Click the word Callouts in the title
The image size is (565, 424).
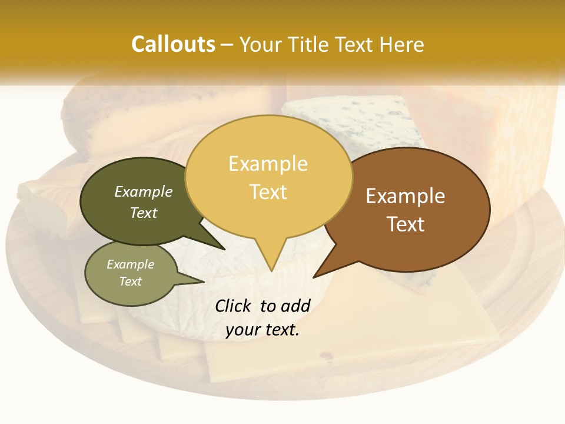[x=173, y=44]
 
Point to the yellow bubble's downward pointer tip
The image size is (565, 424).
[x=271, y=271]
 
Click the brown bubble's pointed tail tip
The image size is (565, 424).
[x=314, y=277]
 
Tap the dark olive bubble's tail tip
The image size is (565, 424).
[x=224, y=249]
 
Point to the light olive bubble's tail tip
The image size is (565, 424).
[x=204, y=281]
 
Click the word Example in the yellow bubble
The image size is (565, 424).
[x=268, y=164]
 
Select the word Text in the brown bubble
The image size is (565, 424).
[x=406, y=224]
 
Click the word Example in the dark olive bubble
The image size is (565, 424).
[x=144, y=192]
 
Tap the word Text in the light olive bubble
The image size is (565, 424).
[x=131, y=281]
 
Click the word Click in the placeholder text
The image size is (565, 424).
[x=233, y=306]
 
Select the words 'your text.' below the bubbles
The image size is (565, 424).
[x=262, y=330]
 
